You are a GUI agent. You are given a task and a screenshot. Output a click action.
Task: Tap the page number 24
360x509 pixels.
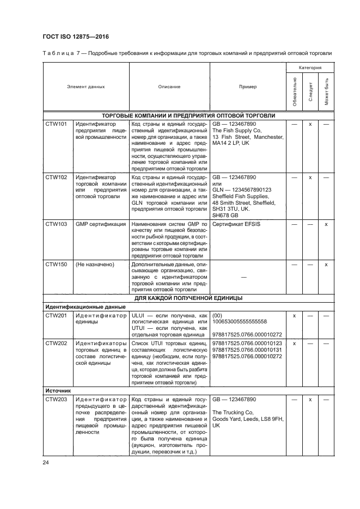click(x=46, y=463)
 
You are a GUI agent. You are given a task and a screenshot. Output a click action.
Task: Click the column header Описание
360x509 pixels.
click(x=169, y=87)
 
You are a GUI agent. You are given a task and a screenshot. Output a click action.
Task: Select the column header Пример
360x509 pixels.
click(x=248, y=87)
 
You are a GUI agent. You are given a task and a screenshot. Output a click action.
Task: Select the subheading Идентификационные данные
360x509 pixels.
click(x=77, y=307)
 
